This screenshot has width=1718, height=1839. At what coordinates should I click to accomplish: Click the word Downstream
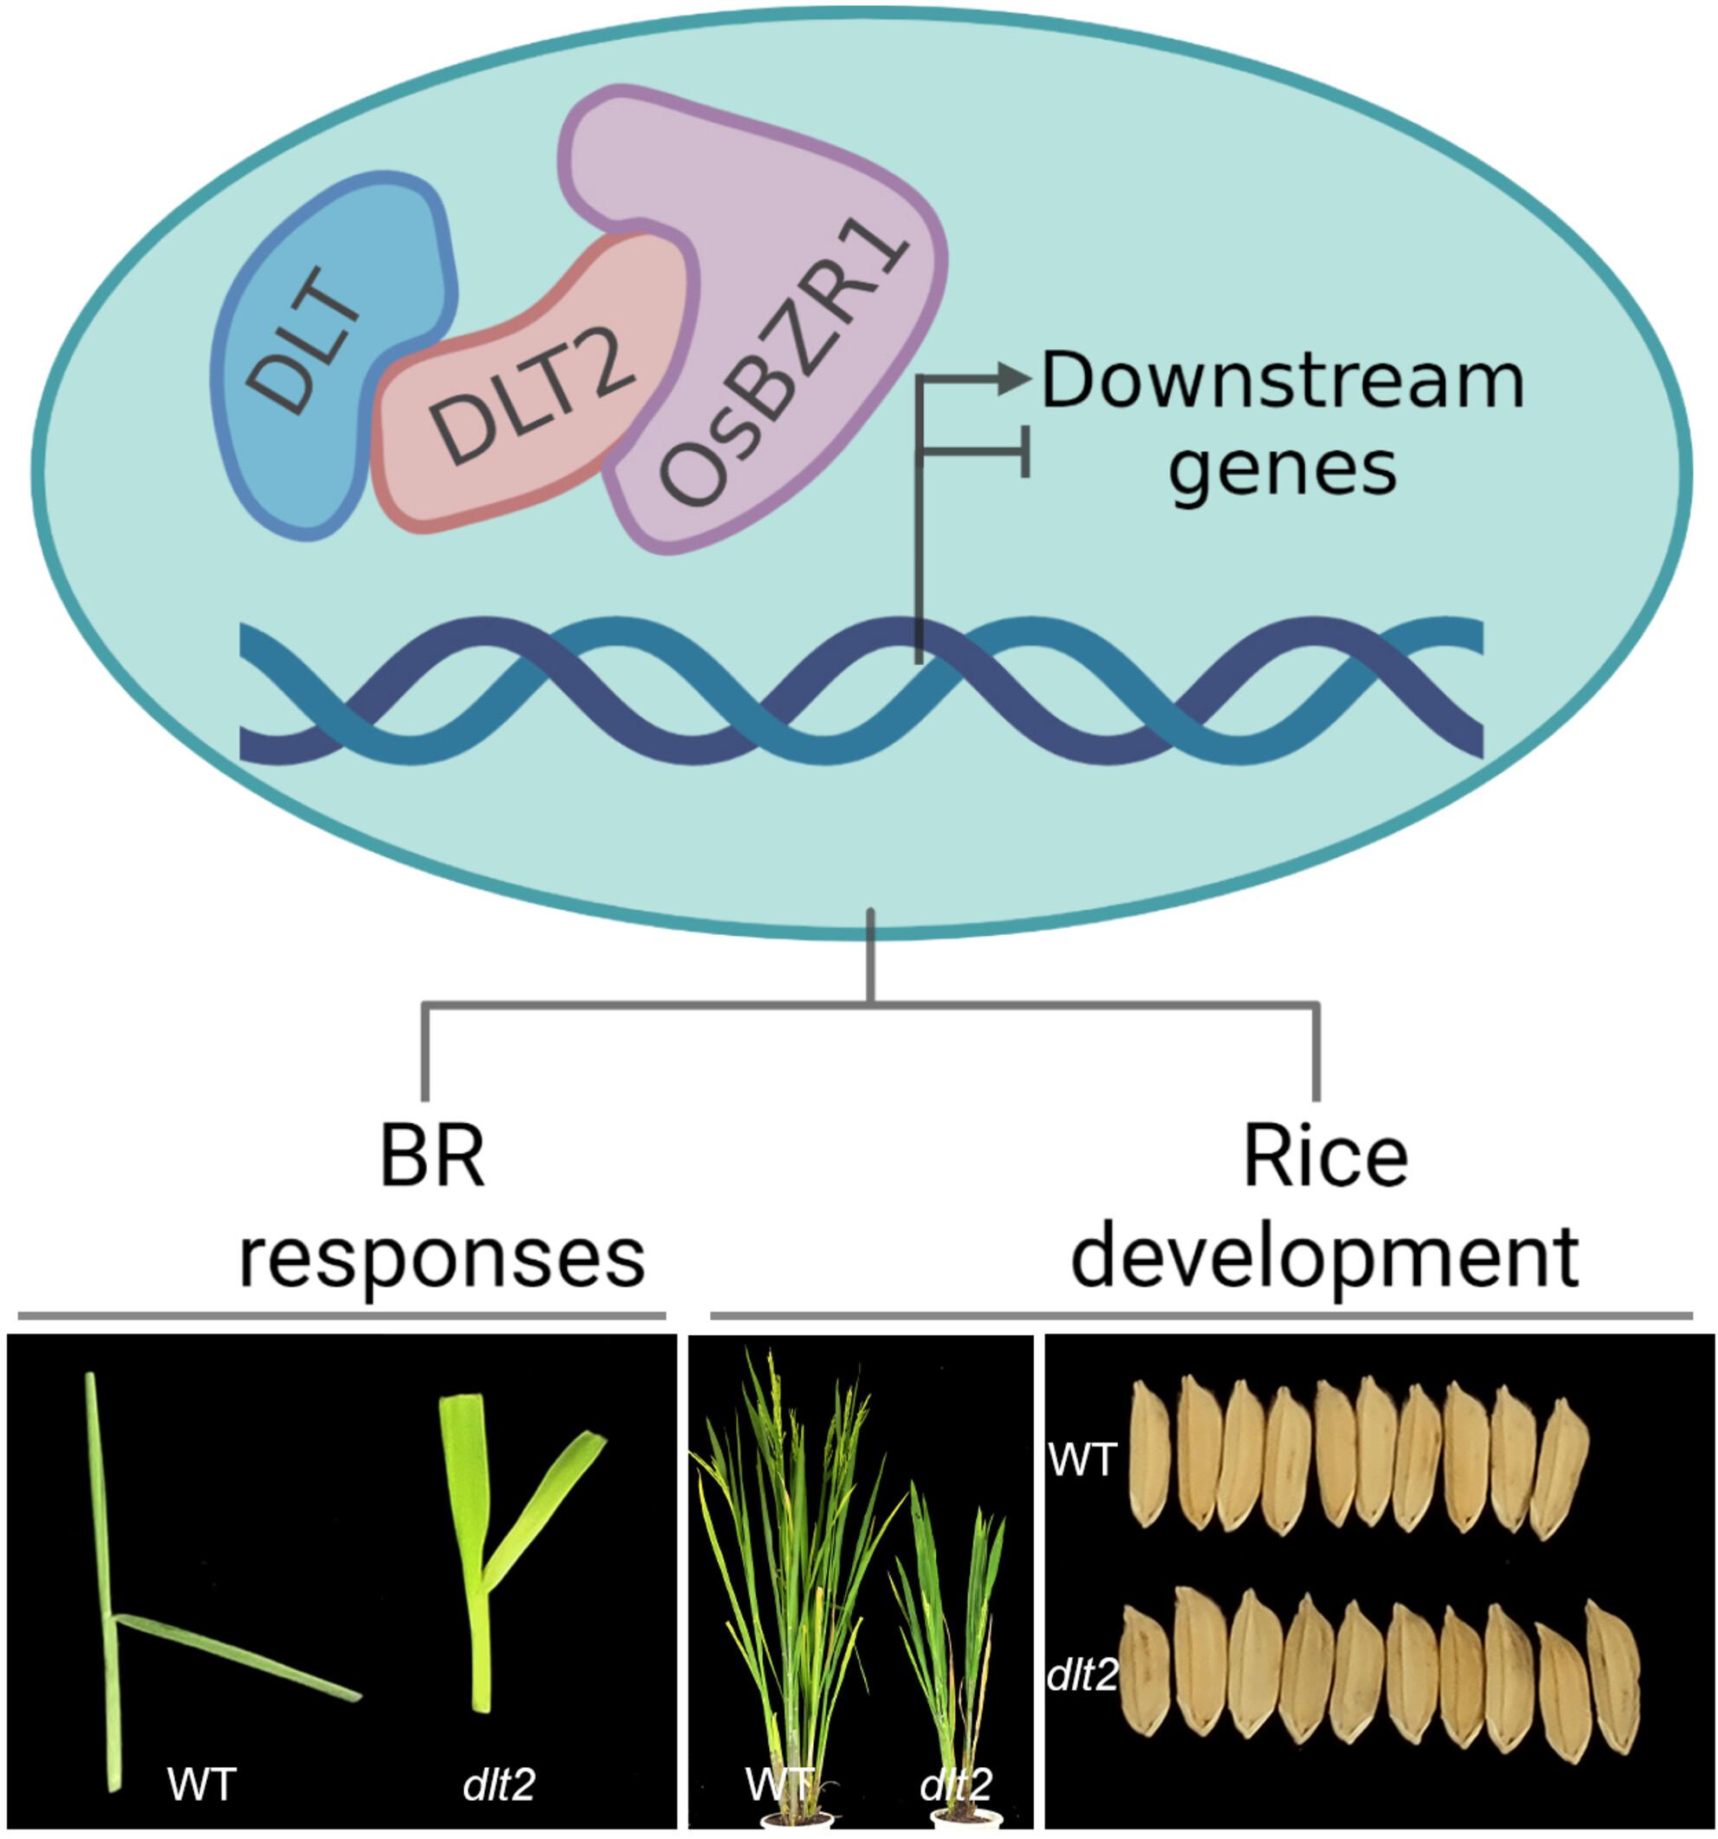tap(1282, 381)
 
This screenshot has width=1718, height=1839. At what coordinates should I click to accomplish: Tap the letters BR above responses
tap(432, 1158)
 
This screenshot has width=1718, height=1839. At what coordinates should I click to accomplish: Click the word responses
tap(442, 1258)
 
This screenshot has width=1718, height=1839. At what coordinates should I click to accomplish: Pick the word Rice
tap(1325, 1158)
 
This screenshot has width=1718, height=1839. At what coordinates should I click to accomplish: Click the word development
tap(1325, 1258)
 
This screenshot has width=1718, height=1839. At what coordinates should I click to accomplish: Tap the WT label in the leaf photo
tap(202, 1783)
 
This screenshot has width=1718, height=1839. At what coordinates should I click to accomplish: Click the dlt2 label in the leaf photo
tap(499, 1783)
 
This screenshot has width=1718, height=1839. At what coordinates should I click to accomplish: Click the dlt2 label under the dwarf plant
tap(956, 1783)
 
